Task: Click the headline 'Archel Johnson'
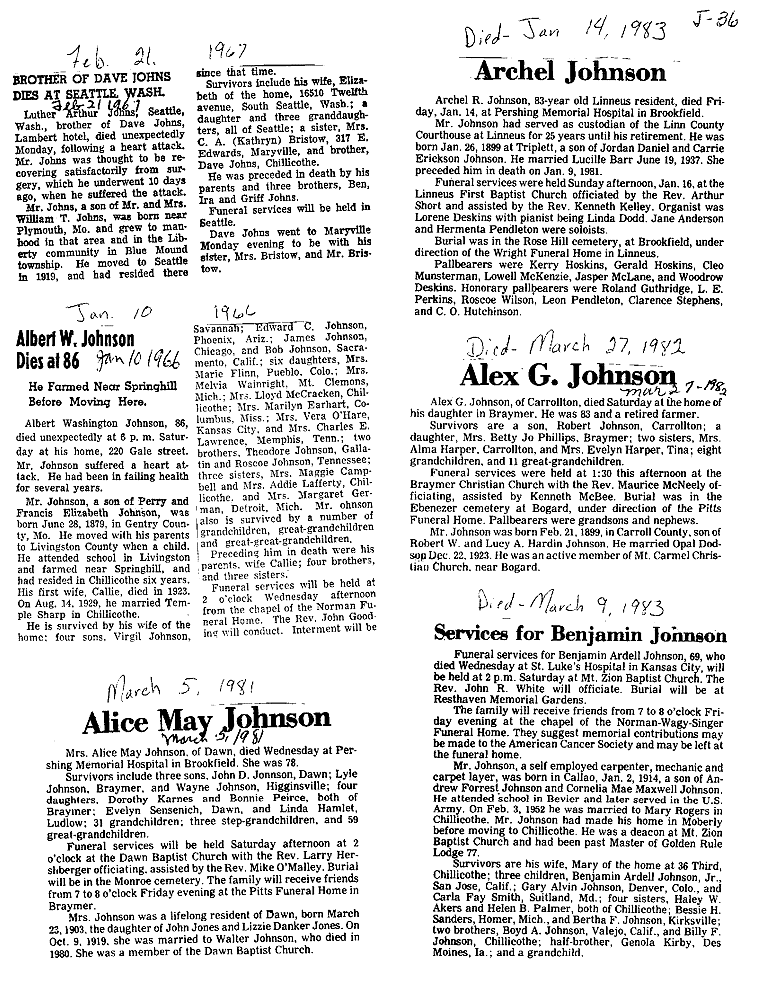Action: [570, 72]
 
